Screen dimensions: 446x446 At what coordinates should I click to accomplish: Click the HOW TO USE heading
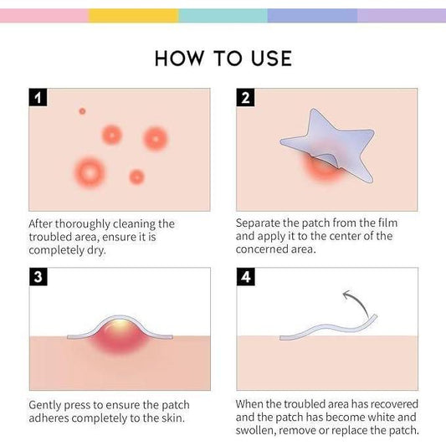tap(223, 58)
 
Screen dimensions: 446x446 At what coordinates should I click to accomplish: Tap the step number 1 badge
tap(38, 98)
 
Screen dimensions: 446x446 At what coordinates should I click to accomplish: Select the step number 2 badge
tap(245, 98)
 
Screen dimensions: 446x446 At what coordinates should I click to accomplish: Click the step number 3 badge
tap(38, 277)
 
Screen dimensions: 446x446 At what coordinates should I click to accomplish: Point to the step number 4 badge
tap(245, 277)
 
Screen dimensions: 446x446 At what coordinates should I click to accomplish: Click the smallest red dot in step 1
tap(82, 110)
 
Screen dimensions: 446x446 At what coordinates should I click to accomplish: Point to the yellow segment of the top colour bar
tap(133, 15)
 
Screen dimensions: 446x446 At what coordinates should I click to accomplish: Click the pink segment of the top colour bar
tap(44, 15)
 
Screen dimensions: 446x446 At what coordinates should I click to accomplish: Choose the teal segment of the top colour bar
tap(223, 15)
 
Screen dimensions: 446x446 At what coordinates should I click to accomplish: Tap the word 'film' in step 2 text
tap(384, 223)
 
